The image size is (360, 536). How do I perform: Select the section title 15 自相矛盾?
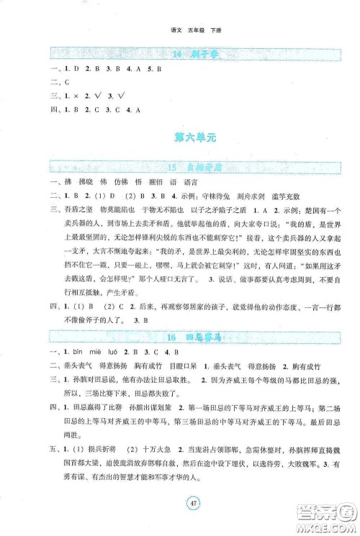[180, 167]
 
